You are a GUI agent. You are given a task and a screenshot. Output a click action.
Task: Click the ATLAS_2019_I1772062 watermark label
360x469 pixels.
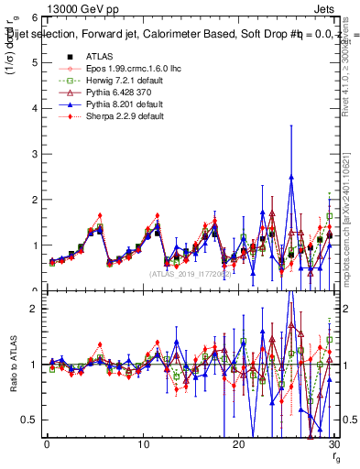[x=190, y=274]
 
